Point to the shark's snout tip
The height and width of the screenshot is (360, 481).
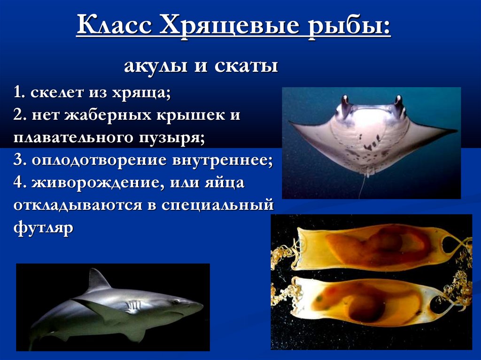201,306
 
